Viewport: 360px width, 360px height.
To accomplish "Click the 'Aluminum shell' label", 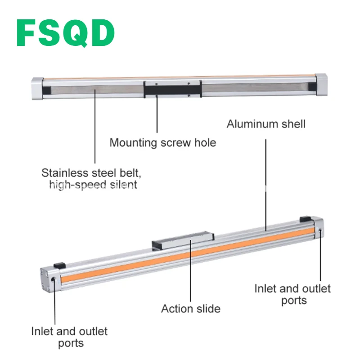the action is click(x=265, y=124).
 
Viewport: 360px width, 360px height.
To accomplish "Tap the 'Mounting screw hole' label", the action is click(x=163, y=143).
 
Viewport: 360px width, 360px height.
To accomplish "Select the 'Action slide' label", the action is click(x=191, y=309).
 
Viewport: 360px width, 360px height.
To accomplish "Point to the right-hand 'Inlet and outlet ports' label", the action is click(x=293, y=294).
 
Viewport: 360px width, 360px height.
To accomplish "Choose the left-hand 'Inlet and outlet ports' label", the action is click(x=70, y=337).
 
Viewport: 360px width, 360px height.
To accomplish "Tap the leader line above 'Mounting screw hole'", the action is click(x=157, y=112).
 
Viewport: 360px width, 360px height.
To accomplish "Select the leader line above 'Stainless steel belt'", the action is click(x=95, y=126).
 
